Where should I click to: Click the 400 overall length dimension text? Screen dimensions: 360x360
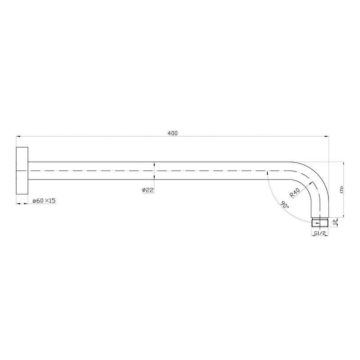coord(172,133)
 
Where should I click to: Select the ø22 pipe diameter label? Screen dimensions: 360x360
coord(148,190)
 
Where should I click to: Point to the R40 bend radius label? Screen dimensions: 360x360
coord(295,192)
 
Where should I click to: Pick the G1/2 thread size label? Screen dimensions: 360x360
coord(319,234)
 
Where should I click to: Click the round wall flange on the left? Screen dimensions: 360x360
coord(22,171)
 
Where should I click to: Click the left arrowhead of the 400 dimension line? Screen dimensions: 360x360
coord(18,136)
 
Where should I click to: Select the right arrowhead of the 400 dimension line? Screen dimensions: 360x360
coord(327,136)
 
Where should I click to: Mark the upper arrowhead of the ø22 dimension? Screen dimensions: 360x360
coord(155,164)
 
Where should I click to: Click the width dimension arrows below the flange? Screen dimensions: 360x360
coord(22,203)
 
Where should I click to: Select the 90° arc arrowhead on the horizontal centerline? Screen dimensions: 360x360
coord(269,171)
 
